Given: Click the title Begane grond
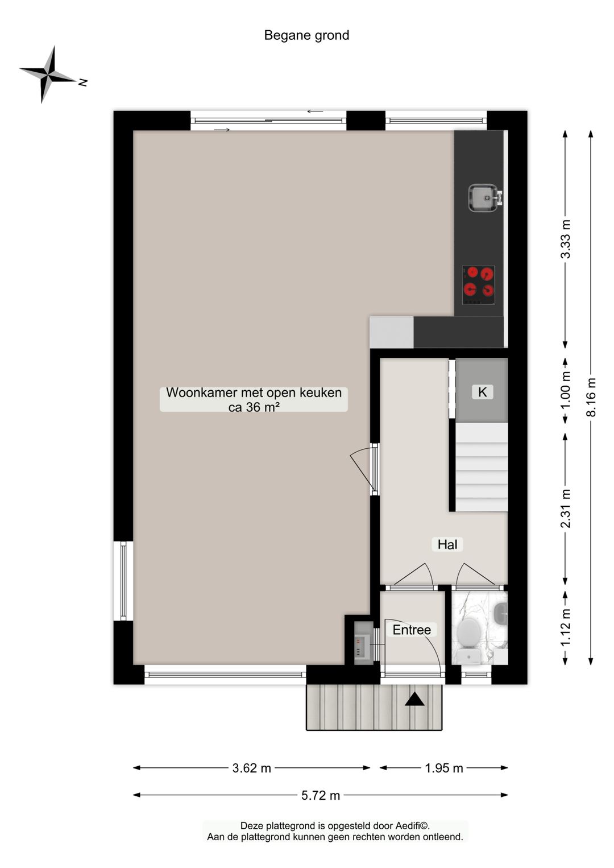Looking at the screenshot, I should [x=306, y=35].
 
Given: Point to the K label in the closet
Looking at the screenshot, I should [x=482, y=392].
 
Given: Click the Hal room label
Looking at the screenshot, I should [x=447, y=544].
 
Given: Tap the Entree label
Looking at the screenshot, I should [x=412, y=630].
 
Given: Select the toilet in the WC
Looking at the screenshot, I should [x=469, y=633].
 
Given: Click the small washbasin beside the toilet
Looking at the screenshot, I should [x=500, y=614].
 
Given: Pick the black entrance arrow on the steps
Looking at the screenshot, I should [x=414, y=699].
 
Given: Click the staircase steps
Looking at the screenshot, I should [x=482, y=466].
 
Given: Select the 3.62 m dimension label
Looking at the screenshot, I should [x=251, y=768].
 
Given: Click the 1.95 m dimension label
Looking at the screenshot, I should [x=444, y=768].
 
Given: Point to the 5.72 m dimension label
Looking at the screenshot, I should [x=321, y=795].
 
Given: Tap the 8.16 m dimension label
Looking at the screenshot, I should [x=591, y=397].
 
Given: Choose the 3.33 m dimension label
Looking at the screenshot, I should [x=566, y=239].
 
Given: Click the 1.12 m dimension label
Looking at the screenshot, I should [x=566, y=627].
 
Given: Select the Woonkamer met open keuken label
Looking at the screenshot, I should [x=254, y=399].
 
